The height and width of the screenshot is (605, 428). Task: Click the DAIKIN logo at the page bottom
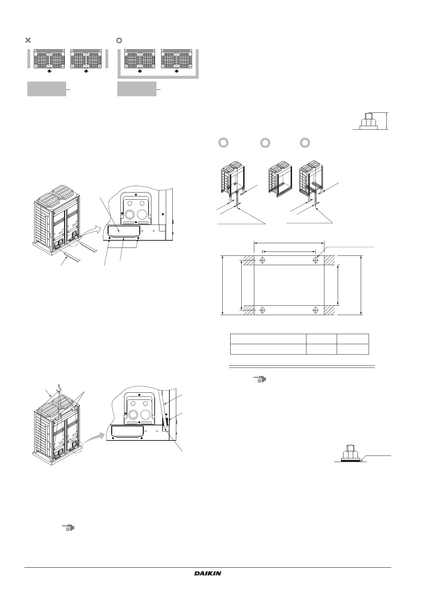coord(208,573)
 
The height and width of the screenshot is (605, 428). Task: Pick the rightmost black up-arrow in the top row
coord(176,71)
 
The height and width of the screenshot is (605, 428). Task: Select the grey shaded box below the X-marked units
coord(47,89)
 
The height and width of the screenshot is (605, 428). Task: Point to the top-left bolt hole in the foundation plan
coord(262,260)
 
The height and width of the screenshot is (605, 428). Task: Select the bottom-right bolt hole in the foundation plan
coord(315,310)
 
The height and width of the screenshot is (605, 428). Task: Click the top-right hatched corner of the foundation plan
coord(330,260)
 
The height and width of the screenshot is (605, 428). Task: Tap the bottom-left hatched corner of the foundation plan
coord(249,310)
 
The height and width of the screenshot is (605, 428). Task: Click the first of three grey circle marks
coord(223,142)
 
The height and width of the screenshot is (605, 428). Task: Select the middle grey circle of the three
coord(265,142)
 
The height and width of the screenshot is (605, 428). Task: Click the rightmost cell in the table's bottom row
coord(352,349)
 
